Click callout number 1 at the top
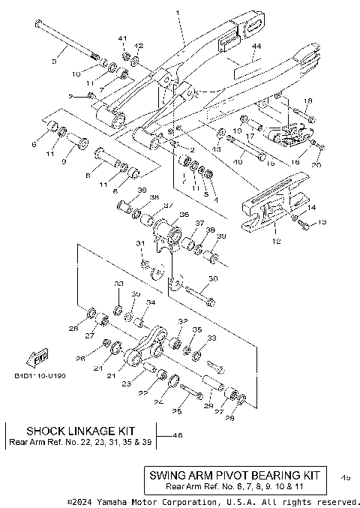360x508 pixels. tap(178, 13)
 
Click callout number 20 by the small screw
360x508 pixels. tap(316, 164)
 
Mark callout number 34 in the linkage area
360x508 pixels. tap(150, 303)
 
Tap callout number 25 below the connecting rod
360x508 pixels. tap(177, 410)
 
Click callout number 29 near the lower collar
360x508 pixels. tap(209, 406)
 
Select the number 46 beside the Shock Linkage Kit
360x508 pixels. tap(178, 435)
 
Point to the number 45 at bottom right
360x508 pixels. tap(345, 476)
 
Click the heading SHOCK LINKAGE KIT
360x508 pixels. tap(80, 431)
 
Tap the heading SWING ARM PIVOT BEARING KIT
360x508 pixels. tap(235, 475)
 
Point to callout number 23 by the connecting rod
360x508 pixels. tap(126, 383)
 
